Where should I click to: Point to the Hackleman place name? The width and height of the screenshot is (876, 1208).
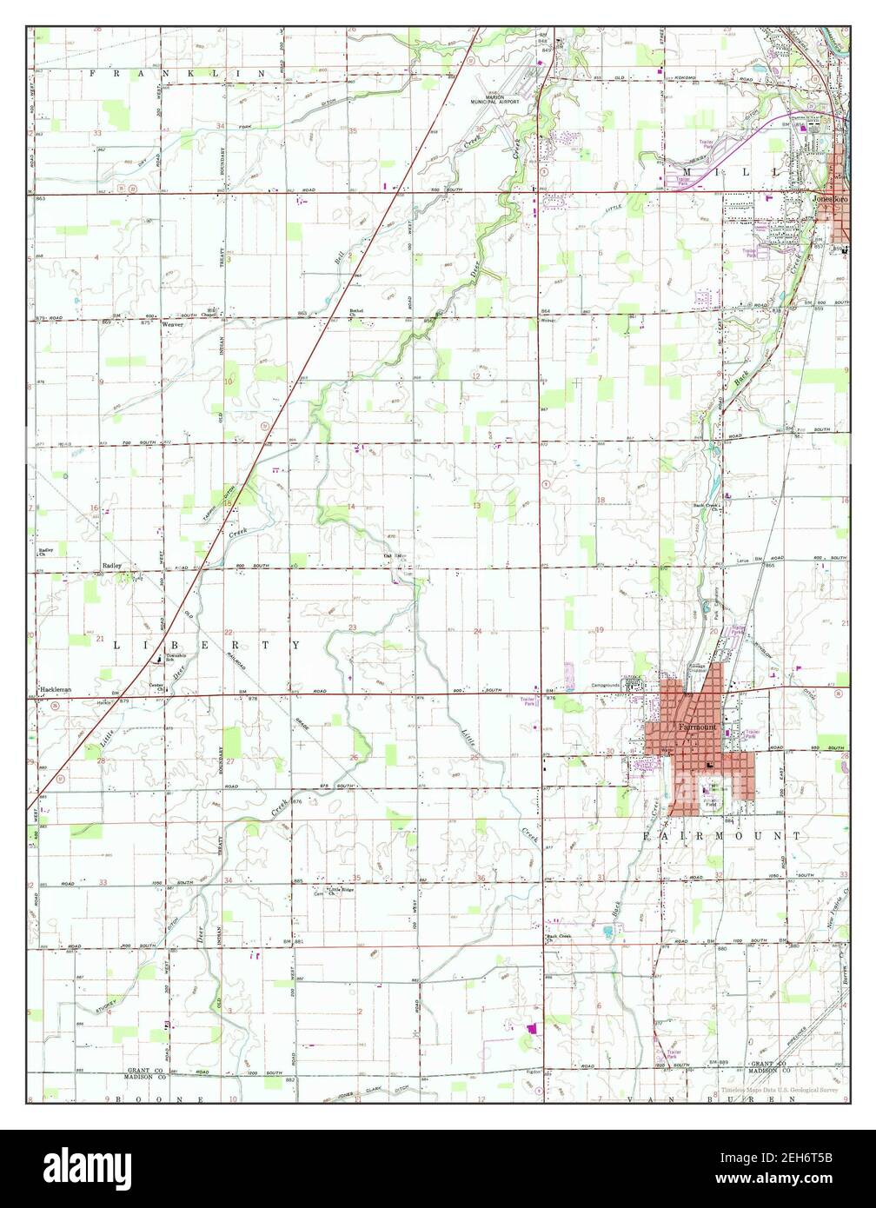pos(53,690)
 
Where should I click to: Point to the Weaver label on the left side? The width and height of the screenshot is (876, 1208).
pos(170,324)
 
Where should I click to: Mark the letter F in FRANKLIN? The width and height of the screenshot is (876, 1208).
pos(93,76)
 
